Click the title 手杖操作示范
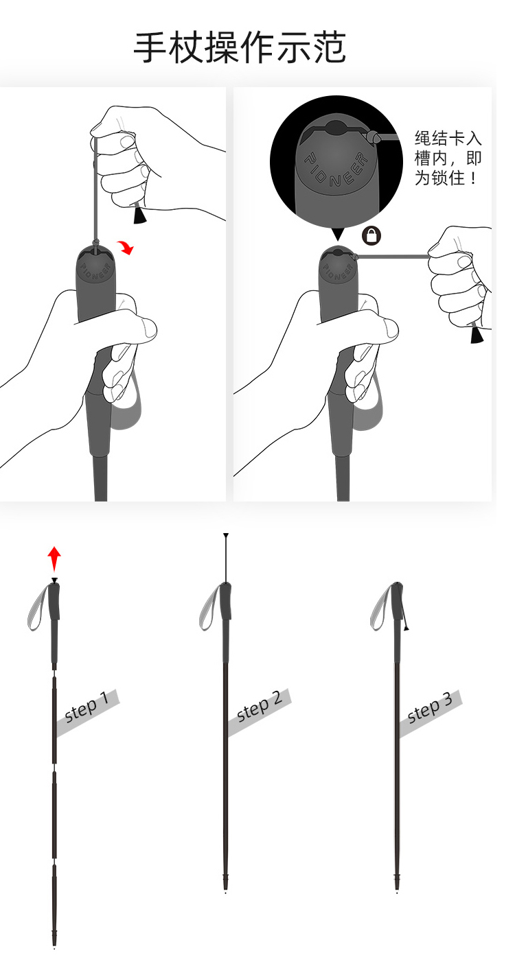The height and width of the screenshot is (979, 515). tap(240, 47)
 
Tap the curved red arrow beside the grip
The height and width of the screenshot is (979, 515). tap(126, 248)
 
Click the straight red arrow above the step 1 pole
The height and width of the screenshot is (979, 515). tap(54, 558)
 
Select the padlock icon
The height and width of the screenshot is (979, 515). tap(371, 235)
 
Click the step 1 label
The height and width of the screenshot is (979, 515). tap(87, 707)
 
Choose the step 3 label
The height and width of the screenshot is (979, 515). tap(430, 707)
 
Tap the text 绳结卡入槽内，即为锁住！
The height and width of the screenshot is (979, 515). tap(448, 158)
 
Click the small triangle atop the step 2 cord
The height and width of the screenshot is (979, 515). tap(226, 535)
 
